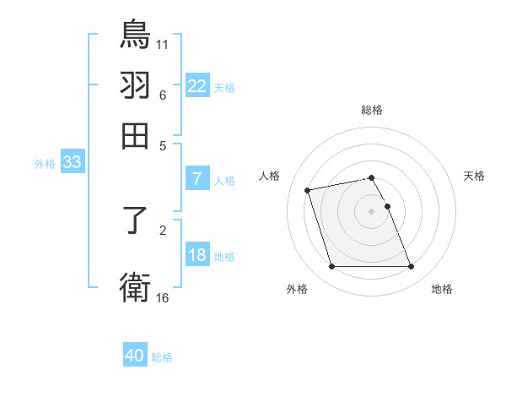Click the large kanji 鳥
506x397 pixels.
coord(135,34)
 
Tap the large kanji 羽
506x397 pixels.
coord(135,84)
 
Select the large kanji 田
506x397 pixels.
coord(135,135)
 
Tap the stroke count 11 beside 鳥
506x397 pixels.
coord(163,42)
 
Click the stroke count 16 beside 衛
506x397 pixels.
coord(163,297)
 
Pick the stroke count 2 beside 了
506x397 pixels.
coord(163,228)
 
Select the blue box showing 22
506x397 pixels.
coord(196,85)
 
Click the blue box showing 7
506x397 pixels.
coord(196,178)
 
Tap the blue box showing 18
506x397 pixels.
coord(196,255)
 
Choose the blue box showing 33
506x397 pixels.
coord(72,163)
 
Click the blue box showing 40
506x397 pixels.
coord(135,356)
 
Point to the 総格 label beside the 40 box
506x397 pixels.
coord(162,357)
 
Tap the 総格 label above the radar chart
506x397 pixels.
coord(371,110)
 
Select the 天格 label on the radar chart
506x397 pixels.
coord(474,176)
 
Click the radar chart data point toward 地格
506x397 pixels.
coord(411,267)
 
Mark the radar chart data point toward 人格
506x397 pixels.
coord(308,189)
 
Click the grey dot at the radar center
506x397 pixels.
coord(371,210)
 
